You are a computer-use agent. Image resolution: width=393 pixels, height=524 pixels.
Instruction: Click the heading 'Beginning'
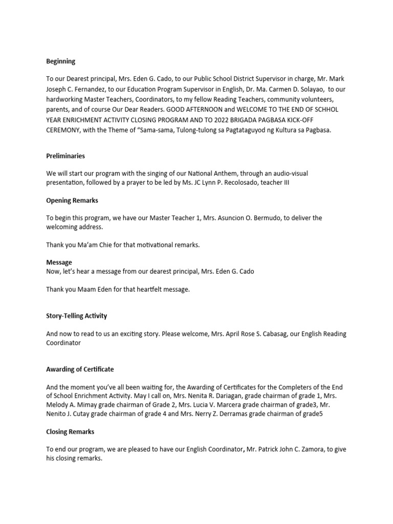pyautogui.click(x=60, y=61)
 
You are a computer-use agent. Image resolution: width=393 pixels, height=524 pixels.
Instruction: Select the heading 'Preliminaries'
pyautogui.click(x=65, y=155)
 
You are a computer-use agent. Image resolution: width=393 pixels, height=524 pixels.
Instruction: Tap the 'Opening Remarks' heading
pyautogui.click(x=72, y=200)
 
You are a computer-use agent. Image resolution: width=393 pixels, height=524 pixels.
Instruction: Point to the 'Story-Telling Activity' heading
pyautogui.click(x=76, y=316)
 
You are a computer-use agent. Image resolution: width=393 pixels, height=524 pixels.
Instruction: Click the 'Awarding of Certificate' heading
pyautogui.click(x=80, y=369)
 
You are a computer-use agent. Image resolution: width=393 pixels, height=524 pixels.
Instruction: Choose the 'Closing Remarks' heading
pyautogui.click(x=70, y=431)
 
